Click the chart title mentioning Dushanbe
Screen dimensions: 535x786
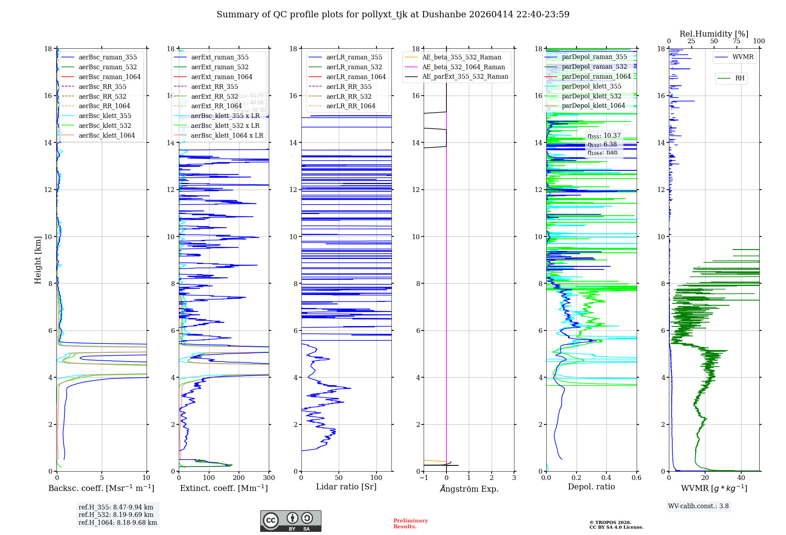point(393,15)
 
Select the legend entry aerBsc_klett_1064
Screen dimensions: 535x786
point(107,135)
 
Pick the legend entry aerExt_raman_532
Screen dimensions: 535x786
point(220,67)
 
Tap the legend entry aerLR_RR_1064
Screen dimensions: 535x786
point(351,106)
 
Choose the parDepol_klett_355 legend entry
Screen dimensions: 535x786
point(591,86)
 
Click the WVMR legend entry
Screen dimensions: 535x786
point(743,57)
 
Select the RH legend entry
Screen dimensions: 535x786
point(740,78)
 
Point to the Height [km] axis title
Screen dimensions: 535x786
point(38,260)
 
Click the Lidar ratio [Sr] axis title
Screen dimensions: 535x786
point(346,487)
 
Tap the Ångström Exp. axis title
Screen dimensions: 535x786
point(469,489)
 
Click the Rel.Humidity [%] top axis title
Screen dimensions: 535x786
point(714,34)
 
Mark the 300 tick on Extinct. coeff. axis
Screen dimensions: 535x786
point(269,478)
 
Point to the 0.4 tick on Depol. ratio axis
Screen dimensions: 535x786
point(606,478)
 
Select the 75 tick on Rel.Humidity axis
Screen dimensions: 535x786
point(736,41)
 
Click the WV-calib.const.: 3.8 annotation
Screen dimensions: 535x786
point(698,506)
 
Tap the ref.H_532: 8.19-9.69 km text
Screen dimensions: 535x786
point(116,515)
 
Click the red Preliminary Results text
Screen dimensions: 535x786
point(410,523)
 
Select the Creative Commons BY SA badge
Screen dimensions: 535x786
point(290,521)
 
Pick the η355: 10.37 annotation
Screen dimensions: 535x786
point(604,136)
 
